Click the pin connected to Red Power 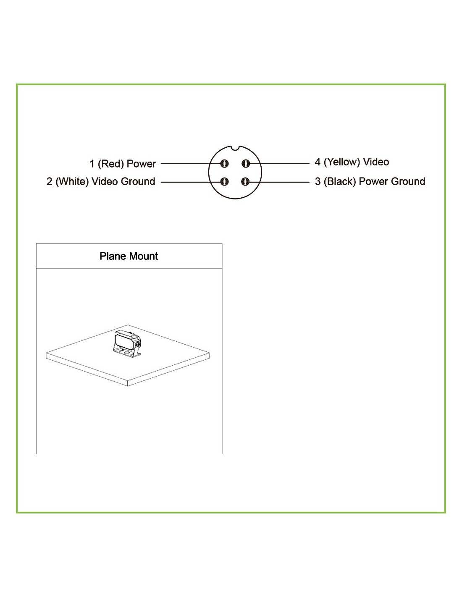click(224, 164)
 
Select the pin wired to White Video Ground click(224, 182)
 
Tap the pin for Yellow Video click(245, 164)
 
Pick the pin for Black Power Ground click(245, 182)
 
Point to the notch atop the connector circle click(235, 148)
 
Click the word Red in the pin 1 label click(111, 164)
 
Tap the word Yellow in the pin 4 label click(342, 162)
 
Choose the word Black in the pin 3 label click(340, 182)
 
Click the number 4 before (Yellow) click(318, 162)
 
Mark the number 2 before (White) click(50, 182)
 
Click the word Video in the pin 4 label click(376, 162)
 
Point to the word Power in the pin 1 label click(141, 164)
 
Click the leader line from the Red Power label click(191, 164)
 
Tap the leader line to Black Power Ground click(279, 182)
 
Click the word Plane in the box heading click(113, 256)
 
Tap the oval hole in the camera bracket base click(127, 352)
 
